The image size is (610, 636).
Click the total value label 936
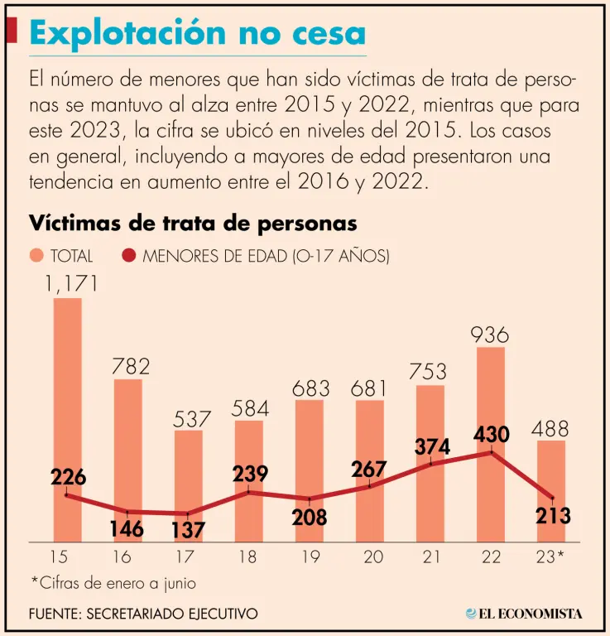point(490,335)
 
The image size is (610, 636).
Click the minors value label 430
point(491,436)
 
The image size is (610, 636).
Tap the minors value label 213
point(552,516)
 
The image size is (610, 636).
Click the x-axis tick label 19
point(309,556)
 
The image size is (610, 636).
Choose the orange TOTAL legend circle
point(37,257)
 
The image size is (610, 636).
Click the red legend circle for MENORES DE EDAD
point(129,257)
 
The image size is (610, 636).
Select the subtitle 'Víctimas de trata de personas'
point(193,224)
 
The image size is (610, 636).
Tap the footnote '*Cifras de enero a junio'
point(113,583)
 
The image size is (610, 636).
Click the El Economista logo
point(524,614)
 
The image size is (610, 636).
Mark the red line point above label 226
point(67,495)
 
